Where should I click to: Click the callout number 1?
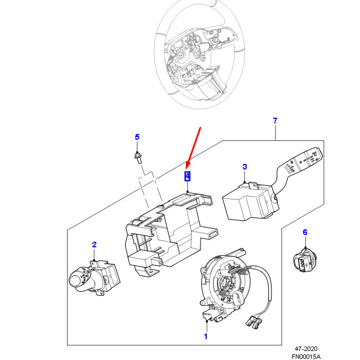click(206, 336)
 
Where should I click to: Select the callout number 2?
click(94, 245)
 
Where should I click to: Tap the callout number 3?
click(245, 167)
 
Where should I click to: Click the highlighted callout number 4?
click(187, 176)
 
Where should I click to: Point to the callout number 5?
click(136, 137)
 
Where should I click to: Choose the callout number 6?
click(305, 232)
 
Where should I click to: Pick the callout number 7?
click(275, 121)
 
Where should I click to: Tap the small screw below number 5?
click(137, 155)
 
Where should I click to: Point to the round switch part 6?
click(305, 260)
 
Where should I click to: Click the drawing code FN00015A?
click(306, 356)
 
